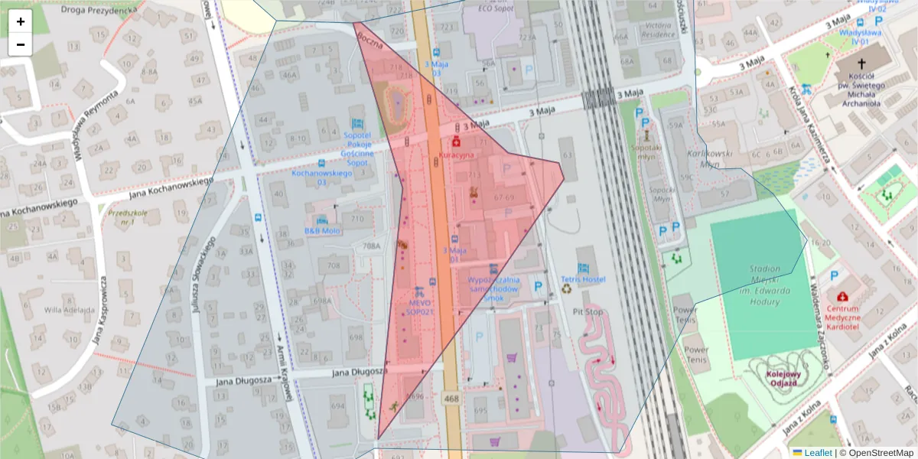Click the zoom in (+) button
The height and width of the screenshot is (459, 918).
21,21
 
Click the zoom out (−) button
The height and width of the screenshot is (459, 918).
21,44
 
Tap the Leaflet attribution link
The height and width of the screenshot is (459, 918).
818,453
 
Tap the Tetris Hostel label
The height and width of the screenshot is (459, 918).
583,279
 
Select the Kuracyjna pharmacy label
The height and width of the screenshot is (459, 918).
456,154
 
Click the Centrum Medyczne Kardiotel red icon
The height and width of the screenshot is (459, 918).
842,296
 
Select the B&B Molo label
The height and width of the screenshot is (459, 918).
322,230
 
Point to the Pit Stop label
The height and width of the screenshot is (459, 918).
588,312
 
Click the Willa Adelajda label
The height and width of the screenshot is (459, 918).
68,310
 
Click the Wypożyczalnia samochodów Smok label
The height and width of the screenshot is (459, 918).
493,285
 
